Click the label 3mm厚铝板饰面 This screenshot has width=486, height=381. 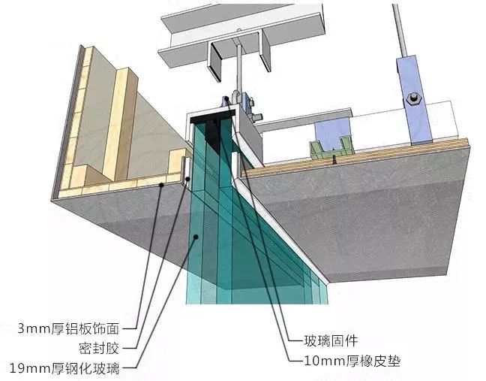(x=68, y=328)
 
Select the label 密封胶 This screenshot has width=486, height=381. (x=99, y=349)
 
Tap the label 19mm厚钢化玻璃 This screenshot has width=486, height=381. (x=64, y=368)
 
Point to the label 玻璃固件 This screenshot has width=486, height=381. (x=331, y=340)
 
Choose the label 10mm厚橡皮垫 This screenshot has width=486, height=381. (x=352, y=361)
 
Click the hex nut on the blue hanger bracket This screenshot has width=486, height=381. (x=413, y=98)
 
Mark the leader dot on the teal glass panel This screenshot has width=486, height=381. (x=196, y=237)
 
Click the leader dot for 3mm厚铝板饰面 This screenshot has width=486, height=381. (x=161, y=185)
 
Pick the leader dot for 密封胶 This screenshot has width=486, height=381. (x=187, y=179)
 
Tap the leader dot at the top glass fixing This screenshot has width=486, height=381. (x=226, y=98)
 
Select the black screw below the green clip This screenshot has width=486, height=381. (x=334, y=160)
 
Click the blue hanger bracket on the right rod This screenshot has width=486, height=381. (x=413, y=100)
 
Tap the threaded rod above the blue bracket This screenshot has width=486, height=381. (x=400, y=29)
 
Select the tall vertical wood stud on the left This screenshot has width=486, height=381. (x=120, y=124)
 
